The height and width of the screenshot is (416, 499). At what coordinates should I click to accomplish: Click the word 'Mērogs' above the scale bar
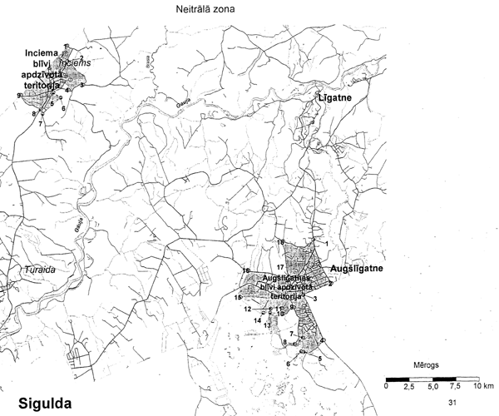pos(426,364)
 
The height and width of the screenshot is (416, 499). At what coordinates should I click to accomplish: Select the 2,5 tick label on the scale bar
pos(409,387)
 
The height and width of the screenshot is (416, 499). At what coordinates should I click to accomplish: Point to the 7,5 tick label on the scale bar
pos(455,387)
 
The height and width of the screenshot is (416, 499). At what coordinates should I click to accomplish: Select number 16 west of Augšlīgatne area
pos(246,271)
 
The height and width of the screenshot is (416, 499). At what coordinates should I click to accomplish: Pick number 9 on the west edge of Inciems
pos(18,96)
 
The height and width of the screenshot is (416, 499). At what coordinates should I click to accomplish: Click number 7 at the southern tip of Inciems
pos(39,122)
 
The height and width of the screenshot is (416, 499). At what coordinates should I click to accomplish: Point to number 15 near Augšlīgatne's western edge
pos(238,297)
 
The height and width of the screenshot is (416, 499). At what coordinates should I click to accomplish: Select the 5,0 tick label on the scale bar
pos(432,387)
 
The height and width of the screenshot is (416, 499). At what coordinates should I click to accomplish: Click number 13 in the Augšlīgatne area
pos(267,325)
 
